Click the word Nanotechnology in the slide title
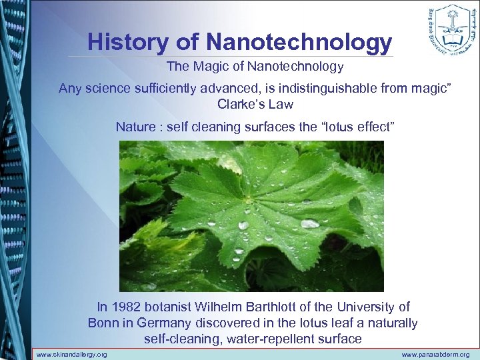[x=299, y=42]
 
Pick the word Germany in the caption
[x=165, y=323]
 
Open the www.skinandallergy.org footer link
[x=71, y=355]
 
